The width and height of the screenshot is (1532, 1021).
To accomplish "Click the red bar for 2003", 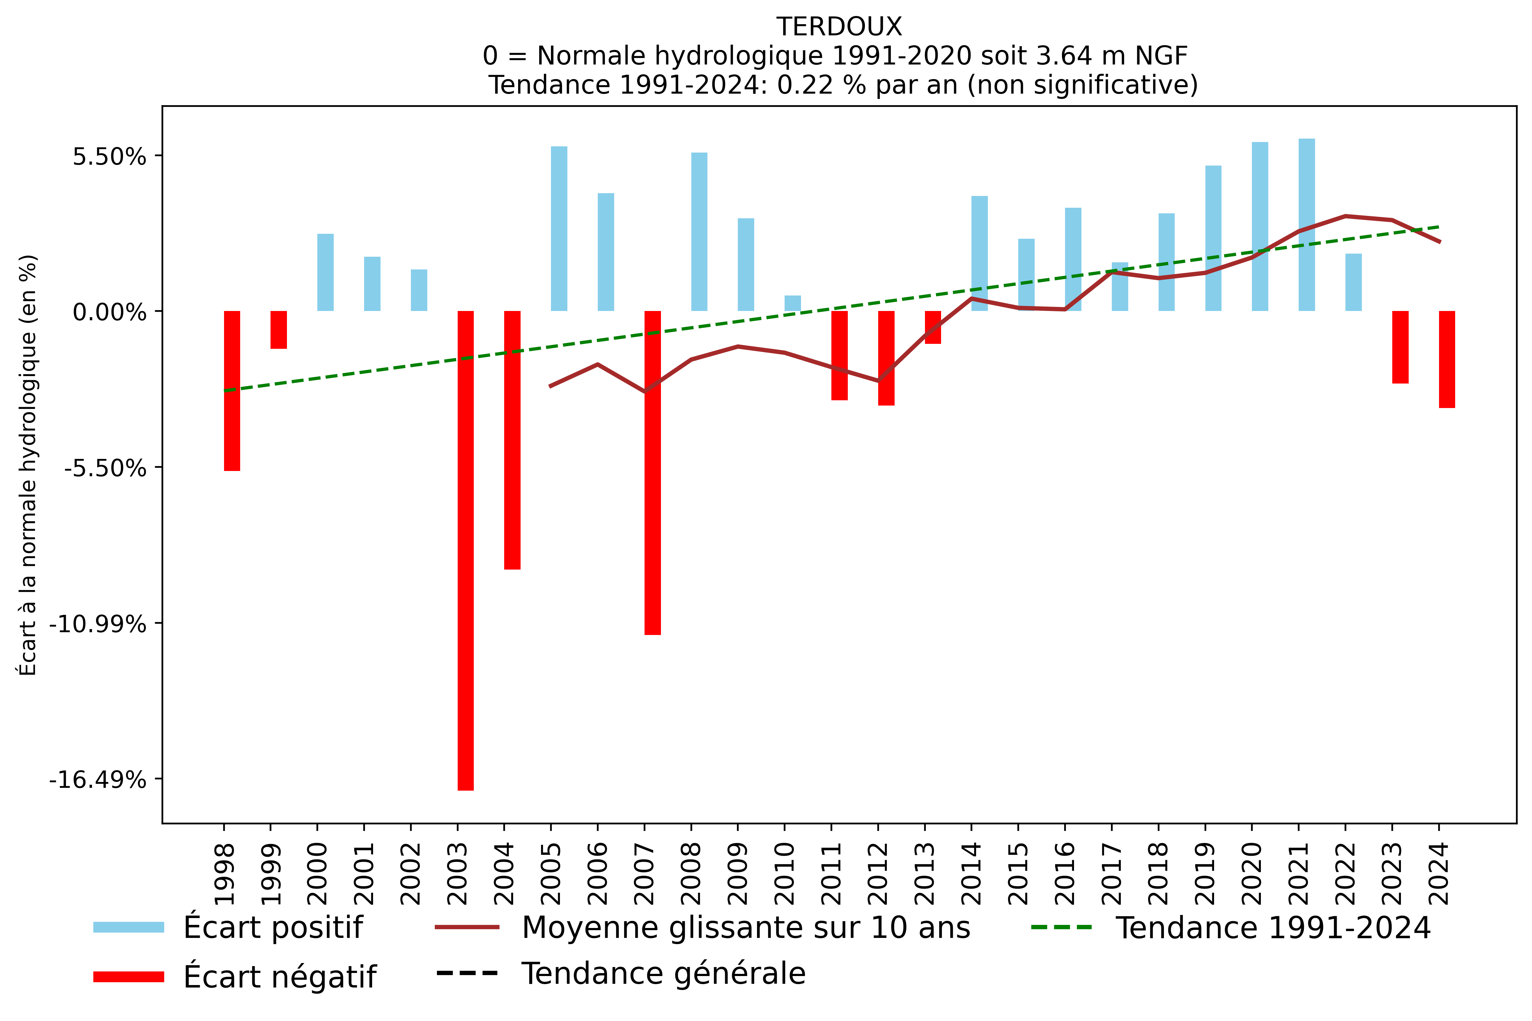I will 465,550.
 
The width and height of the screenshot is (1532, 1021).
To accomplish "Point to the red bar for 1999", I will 279,330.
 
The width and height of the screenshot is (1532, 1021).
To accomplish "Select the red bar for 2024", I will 1447,359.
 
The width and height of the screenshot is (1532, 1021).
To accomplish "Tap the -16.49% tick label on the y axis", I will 98,779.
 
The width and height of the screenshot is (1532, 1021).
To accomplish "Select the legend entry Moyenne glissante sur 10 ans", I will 745,927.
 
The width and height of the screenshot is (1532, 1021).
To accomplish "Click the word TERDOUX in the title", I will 839,27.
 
